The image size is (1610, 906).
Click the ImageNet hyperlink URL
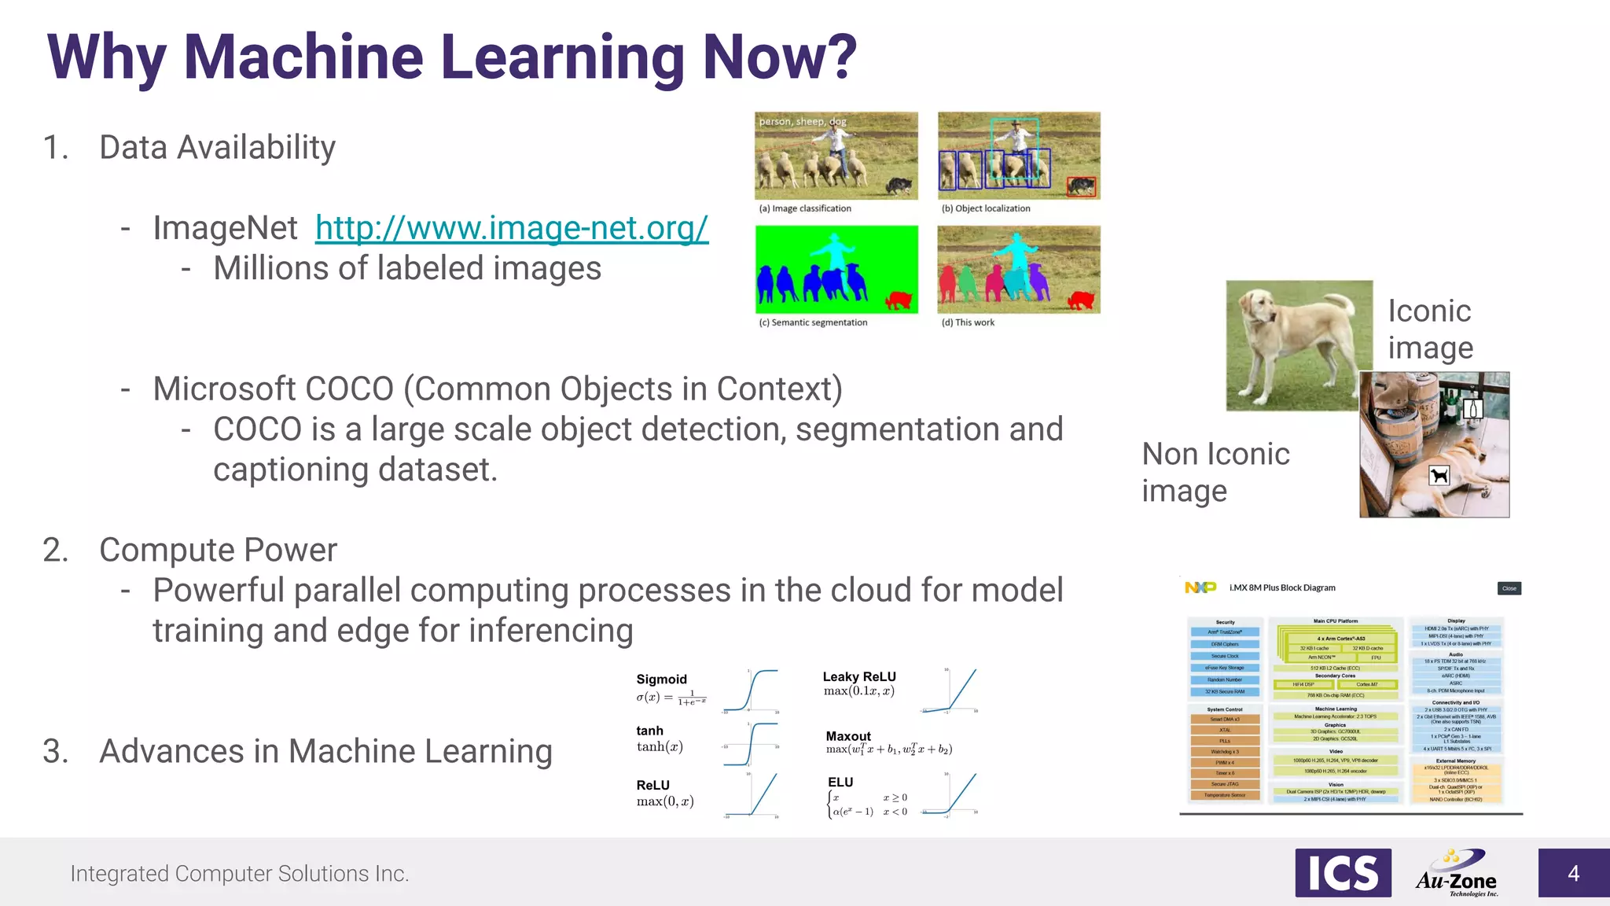tap(512, 228)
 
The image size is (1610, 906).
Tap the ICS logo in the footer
tap(1343, 873)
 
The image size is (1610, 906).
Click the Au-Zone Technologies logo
tap(1457, 873)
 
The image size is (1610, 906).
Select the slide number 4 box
tap(1573, 873)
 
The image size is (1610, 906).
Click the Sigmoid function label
tap(661, 679)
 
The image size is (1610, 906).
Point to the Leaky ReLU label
tap(858, 677)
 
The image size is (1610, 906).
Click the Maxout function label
tap(848, 736)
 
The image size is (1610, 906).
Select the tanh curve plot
tap(751, 744)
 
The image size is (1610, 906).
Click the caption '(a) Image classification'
tap(804, 208)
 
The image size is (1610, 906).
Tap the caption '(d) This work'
tap(968, 322)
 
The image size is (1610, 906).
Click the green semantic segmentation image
tap(836, 269)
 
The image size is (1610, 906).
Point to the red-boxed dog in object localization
tap(1081, 186)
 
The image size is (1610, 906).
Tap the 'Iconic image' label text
tap(1430, 329)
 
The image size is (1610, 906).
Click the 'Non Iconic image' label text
tap(1215, 472)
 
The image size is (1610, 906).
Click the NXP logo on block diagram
tap(1200, 587)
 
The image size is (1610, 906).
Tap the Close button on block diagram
tap(1509, 588)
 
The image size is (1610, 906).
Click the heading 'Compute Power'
tap(218, 550)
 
